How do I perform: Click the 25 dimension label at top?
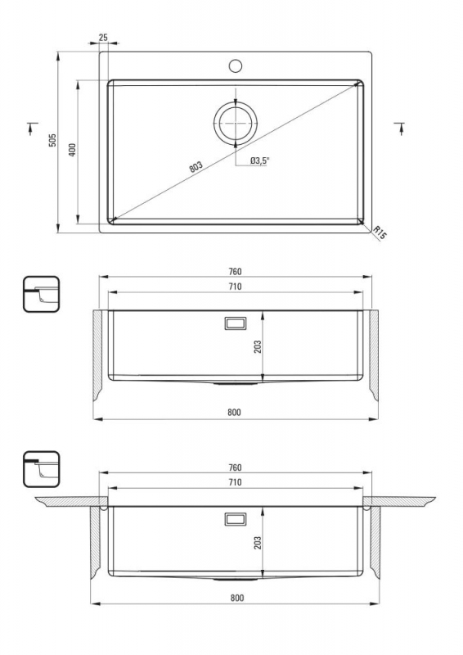pyautogui.click(x=103, y=37)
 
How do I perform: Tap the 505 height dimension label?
pyautogui.click(x=52, y=140)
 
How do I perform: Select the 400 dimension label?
pyautogui.click(x=72, y=150)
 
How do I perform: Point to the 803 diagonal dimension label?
pyautogui.click(x=196, y=167)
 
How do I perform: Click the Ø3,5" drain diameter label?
pyautogui.click(x=259, y=160)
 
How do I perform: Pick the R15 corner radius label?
pyautogui.click(x=380, y=233)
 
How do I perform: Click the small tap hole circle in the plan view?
pyautogui.click(x=236, y=65)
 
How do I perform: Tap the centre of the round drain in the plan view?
pyautogui.click(x=236, y=124)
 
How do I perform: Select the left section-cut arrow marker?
pyautogui.click(x=31, y=128)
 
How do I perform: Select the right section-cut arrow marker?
pyautogui.click(x=400, y=128)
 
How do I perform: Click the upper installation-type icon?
pyautogui.click(x=42, y=294)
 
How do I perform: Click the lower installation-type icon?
pyautogui.click(x=42, y=468)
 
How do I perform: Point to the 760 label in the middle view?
pyautogui.click(x=235, y=272)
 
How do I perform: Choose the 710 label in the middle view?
pyautogui.click(x=235, y=287)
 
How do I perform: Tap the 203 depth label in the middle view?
pyautogui.click(x=258, y=346)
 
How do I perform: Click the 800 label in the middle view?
pyautogui.click(x=234, y=413)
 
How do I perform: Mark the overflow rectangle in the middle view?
pyautogui.click(x=236, y=323)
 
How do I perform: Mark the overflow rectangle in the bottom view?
pyautogui.click(x=236, y=519)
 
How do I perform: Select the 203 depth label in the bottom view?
pyautogui.click(x=258, y=542)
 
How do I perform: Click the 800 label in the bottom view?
pyautogui.click(x=236, y=598)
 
